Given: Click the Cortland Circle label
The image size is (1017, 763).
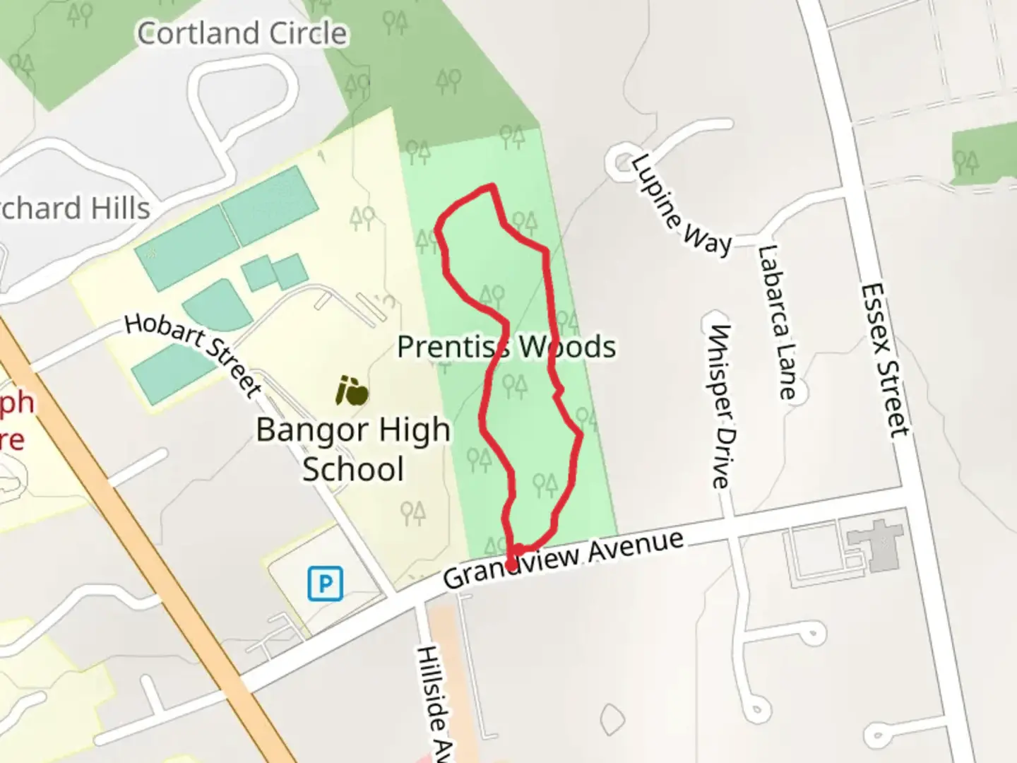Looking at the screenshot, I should point(242,33).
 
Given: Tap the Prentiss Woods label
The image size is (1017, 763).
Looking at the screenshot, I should point(506,347).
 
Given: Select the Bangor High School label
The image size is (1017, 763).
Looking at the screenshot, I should point(353,449).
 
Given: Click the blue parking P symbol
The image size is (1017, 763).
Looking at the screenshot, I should point(325,584).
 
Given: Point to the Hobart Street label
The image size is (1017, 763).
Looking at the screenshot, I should point(194,353).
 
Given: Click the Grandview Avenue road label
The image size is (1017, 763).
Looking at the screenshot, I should point(564,559).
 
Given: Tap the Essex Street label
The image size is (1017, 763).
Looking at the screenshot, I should point(884,360).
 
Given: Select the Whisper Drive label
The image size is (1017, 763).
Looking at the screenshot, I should point(720,406).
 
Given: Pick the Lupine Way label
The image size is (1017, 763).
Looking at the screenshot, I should point(680,205).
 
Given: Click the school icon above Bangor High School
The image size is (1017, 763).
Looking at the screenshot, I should point(352,391).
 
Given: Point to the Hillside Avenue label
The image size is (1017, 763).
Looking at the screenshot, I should point(434,703).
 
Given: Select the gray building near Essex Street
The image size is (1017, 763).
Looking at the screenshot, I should point(879,544).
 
